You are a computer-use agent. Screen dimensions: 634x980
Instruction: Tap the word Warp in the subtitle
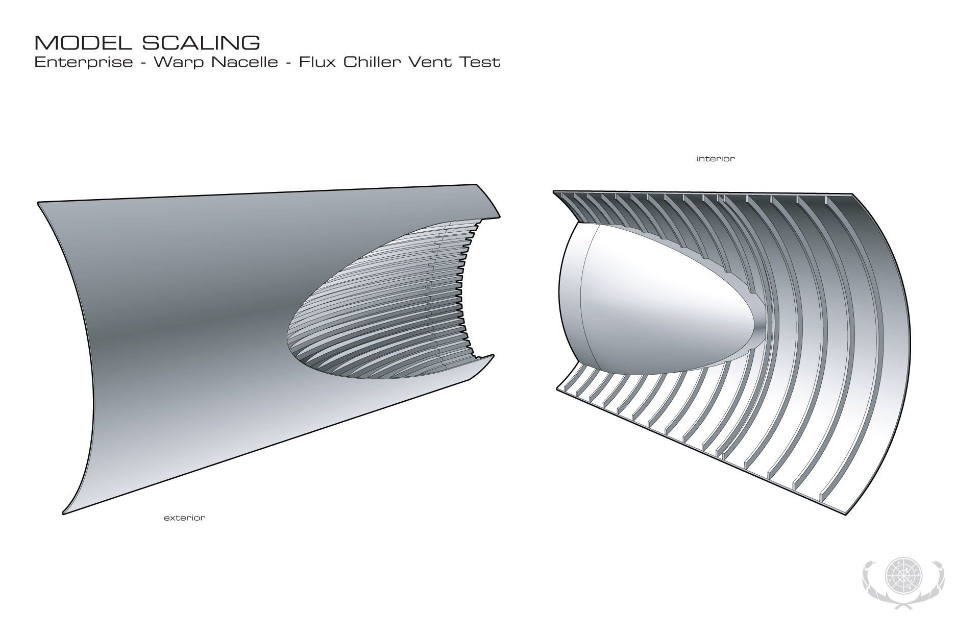pos(179,62)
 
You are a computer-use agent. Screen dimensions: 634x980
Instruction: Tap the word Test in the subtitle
pos(481,62)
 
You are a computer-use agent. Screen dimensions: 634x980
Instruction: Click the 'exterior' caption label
pos(184,518)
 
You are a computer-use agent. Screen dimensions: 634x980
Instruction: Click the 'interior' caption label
pos(716,159)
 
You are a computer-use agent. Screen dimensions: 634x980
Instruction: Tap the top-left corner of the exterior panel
pos(39,203)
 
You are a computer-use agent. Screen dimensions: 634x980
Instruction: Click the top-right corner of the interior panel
pos(852,194)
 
